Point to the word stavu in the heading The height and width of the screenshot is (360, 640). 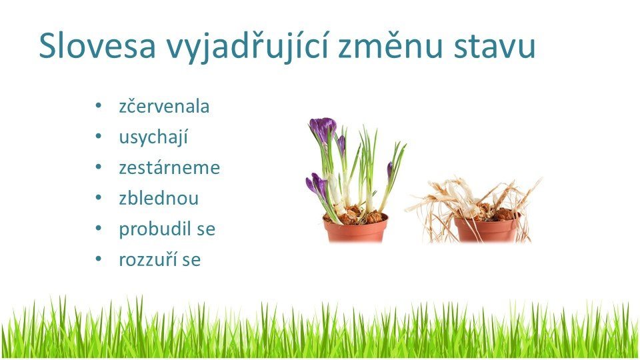pos(494,47)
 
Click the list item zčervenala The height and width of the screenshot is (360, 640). pos(164,106)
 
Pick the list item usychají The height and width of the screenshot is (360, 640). pos(153,137)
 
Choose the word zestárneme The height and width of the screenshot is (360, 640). pos(169,167)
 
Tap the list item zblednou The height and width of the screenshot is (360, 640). pos(159,198)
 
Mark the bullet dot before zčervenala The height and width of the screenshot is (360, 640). pos(98,106)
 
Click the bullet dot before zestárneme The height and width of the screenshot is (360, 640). pos(98,167)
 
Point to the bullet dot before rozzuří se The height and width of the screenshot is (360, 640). pos(98,259)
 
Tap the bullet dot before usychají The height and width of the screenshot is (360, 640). pos(98,136)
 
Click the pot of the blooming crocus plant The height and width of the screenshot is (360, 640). pos(355,229)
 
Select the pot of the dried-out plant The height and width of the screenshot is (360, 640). pos(487,229)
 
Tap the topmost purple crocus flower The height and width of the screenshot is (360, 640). pos(323,129)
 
